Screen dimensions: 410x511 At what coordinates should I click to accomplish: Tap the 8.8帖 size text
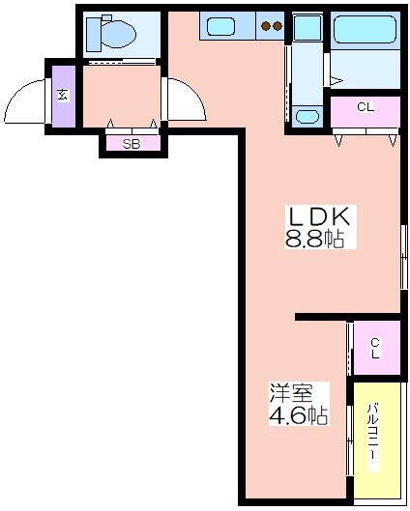pyautogui.click(x=315, y=240)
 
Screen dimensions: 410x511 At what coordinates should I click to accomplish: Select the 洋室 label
pyautogui.click(x=291, y=393)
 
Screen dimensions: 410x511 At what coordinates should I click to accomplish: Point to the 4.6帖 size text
pyautogui.click(x=298, y=414)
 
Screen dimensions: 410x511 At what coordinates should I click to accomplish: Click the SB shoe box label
pyautogui.click(x=132, y=144)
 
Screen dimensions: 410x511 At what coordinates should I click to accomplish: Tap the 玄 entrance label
pyautogui.click(x=63, y=96)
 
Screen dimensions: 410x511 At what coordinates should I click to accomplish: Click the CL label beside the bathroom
pyautogui.click(x=366, y=107)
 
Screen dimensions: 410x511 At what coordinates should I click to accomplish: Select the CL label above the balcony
pyautogui.click(x=375, y=348)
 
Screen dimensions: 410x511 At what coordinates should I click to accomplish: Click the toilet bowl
pyautogui.click(x=119, y=34)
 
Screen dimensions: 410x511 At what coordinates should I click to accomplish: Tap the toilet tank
pyautogui.click(x=94, y=35)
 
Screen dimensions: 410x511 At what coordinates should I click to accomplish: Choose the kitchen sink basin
pyautogui.click(x=221, y=26)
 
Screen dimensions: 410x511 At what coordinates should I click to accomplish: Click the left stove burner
pyautogui.click(x=267, y=26)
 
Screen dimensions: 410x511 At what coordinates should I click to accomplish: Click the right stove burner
pyautogui.click(x=278, y=26)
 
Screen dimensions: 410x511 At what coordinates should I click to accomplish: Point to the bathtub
pyautogui.click(x=366, y=29)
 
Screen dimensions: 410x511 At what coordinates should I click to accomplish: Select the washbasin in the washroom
pyautogui.click(x=307, y=116)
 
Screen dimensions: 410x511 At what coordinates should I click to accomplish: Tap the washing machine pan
pyautogui.click(x=307, y=27)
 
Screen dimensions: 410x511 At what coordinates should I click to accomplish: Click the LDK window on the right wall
pyautogui.click(x=404, y=257)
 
